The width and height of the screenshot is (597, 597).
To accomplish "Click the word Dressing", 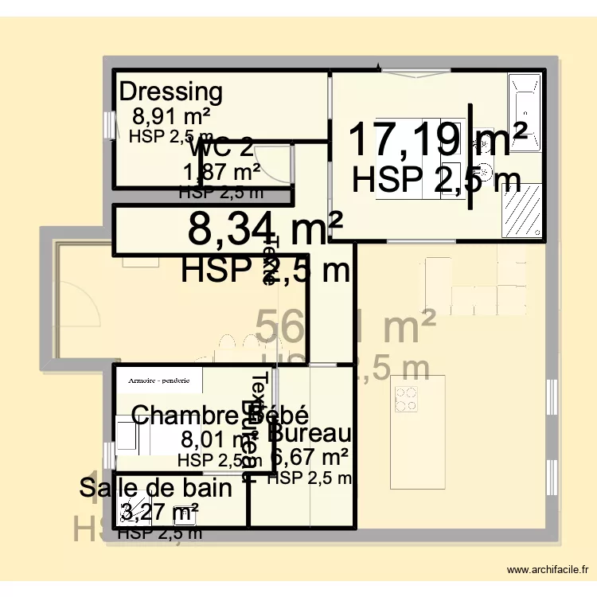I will pos(170,92).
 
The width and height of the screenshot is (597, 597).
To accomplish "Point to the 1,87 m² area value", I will pos(222,172).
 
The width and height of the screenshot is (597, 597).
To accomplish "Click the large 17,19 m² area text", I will pos(438,139).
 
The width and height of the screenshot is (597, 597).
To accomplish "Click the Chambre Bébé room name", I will pos(220,415).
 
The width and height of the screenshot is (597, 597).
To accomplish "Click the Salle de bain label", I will pos(156,488).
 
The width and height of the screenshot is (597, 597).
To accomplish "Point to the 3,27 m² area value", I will pos(159,510).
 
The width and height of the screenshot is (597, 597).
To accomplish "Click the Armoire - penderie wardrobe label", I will pos(159,380).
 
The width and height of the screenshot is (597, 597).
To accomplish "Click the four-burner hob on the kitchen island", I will pos(407,399).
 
